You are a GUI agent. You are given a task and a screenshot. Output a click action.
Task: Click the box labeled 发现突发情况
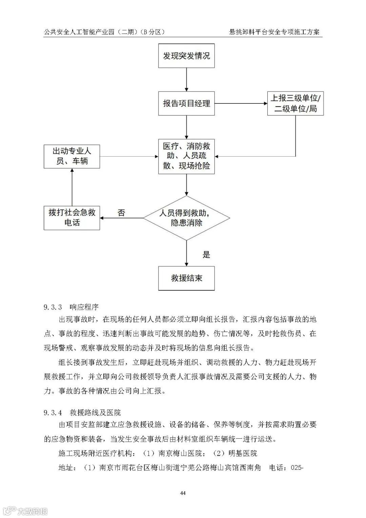tap(186, 56)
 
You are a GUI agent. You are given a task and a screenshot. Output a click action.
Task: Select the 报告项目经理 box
tap(186, 103)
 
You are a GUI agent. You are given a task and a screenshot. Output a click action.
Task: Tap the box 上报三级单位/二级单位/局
tap(295, 103)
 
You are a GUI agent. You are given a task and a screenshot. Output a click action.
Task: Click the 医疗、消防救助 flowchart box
tap(186, 156)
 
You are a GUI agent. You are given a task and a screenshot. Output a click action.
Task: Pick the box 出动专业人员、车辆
tap(72, 156)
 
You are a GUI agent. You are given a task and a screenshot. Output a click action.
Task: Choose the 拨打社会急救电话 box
tap(72, 218)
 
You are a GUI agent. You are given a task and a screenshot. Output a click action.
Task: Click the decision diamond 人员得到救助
tap(186, 218)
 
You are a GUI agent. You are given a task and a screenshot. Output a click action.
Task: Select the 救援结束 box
tap(186, 278)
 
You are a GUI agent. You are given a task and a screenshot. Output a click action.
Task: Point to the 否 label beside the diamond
tap(121, 213)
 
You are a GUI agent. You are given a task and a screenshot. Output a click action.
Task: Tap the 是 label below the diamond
tap(206, 255)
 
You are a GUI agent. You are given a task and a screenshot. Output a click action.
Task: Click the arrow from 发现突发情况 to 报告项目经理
tap(186, 80)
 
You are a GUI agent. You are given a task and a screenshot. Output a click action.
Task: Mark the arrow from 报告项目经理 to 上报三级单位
tap(241, 103)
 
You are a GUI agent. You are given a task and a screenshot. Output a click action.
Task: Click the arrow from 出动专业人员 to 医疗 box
tap(129, 156)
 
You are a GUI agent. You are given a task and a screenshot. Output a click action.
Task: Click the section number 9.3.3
tap(53, 307)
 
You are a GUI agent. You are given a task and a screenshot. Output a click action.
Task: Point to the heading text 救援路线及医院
tap(95, 413)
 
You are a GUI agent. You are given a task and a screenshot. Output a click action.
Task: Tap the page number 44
tap(183, 493)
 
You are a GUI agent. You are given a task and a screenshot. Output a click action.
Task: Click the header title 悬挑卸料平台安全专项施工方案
tap(274, 32)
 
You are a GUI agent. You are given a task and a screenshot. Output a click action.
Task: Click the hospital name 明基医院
tap(243, 453)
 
